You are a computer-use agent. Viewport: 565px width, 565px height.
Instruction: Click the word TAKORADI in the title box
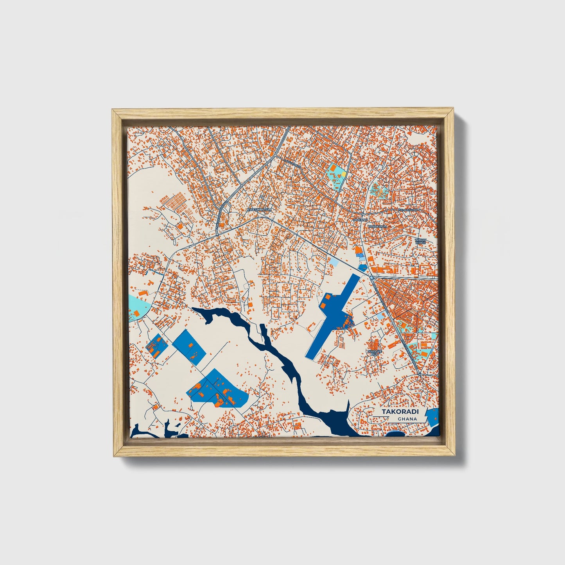pos(395,412)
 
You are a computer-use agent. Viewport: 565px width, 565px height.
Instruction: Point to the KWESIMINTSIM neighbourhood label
pos(259,210)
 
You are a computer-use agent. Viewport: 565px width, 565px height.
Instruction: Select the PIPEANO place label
pos(361,221)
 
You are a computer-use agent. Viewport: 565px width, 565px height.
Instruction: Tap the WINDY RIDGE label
pos(420,241)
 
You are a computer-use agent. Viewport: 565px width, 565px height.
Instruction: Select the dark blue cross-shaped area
pos(332,316)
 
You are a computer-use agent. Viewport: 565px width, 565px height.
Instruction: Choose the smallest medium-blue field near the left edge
pos(156,346)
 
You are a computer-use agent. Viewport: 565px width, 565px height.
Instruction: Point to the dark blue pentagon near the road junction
pos(363,268)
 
